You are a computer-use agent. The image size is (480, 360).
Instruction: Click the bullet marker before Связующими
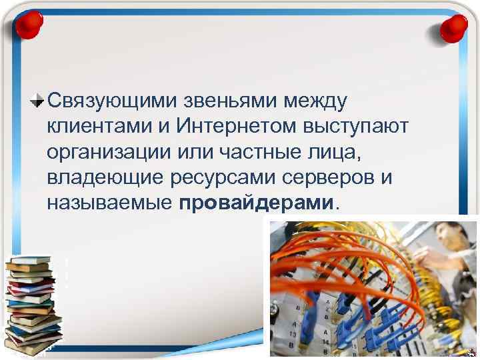(38, 101)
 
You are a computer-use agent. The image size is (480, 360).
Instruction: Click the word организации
(109, 151)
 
